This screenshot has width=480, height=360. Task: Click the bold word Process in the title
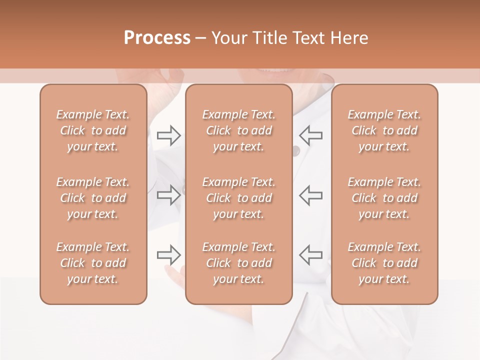pyautogui.click(x=157, y=37)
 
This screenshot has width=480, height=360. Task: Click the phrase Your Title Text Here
pyautogui.click(x=290, y=37)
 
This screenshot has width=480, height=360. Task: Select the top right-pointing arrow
pyautogui.click(x=169, y=135)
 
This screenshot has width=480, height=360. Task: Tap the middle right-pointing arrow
pyautogui.click(x=169, y=195)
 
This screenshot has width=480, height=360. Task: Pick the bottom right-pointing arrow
pyautogui.click(x=169, y=255)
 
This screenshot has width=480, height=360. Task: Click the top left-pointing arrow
pyautogui.click(x=310, y=135)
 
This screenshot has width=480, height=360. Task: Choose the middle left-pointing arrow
pyautogui.click(x=310, y=195)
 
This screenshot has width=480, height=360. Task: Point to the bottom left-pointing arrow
pyautogui.click(x=310, y=255)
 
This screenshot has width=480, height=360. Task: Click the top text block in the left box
pyautogui.click(x=93, y=130)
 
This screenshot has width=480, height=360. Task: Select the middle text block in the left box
pyautogui.click(x=93, y=198)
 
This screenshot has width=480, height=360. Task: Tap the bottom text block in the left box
pyautogui.click(x=93, y=263)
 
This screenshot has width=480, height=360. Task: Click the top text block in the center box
pyautogui.click(x=239, y=130)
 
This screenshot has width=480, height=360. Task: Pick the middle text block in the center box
pyautogui.click(x=239, y=198)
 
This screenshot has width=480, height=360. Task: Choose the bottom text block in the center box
pyautogui.click(x=239, y=263)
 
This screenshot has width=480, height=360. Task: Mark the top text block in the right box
pyautogui.click(x=384, y=130)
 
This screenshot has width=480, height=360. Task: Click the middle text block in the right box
pyautogui.click(x=384, y=198)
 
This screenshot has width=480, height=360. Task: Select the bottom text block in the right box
pyautogui.click(x=384, y=263)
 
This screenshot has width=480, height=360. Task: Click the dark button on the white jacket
pyautogui.click(x=296, y=150)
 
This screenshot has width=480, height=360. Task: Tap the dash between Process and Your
pyautogui.click(x=200, y=38)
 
